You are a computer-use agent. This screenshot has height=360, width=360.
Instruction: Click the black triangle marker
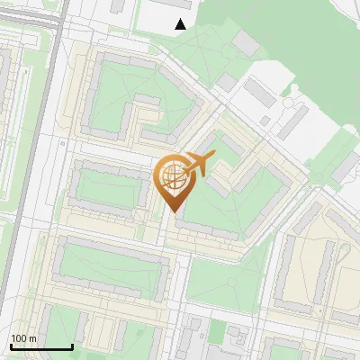[x=181, y=24]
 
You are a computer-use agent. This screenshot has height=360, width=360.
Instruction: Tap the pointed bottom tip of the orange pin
[x=172, y=212]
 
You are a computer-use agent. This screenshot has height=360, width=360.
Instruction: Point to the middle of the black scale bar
[x=41, y=346]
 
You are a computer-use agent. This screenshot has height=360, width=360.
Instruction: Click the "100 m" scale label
[x=24, y=338]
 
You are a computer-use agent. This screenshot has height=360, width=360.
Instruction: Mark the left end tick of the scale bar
[x=11, y=346]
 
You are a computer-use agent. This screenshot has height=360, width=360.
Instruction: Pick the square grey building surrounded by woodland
[x=246, y=42]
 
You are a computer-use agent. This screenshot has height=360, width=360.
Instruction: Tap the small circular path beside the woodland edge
[x=290, y=103]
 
